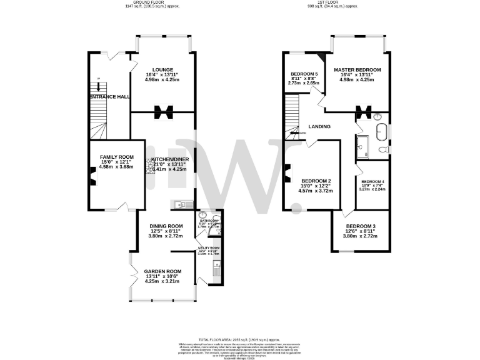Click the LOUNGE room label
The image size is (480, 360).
pyautogui.click(x=162, y=69)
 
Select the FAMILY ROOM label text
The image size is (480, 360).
pyautogui.click(x=117, y=156)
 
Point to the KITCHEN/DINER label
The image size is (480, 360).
pyautogui.click(x=166, y=158)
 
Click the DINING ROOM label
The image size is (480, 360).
pyautogui.click(x=166, y=226)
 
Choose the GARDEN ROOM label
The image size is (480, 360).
pyautogui.click(x=162, y=271)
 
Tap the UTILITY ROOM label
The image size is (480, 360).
pyautogui.click(x=209, y=248)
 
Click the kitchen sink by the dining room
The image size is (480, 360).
pyautogui.click(x=180, y=204)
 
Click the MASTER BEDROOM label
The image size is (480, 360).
pyautogui.click(x=357, y=69)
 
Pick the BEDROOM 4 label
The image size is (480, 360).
pyautogui.click(x=373, y=182)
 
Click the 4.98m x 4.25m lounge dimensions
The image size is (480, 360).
pyautogui.click(x=162, y=79)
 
